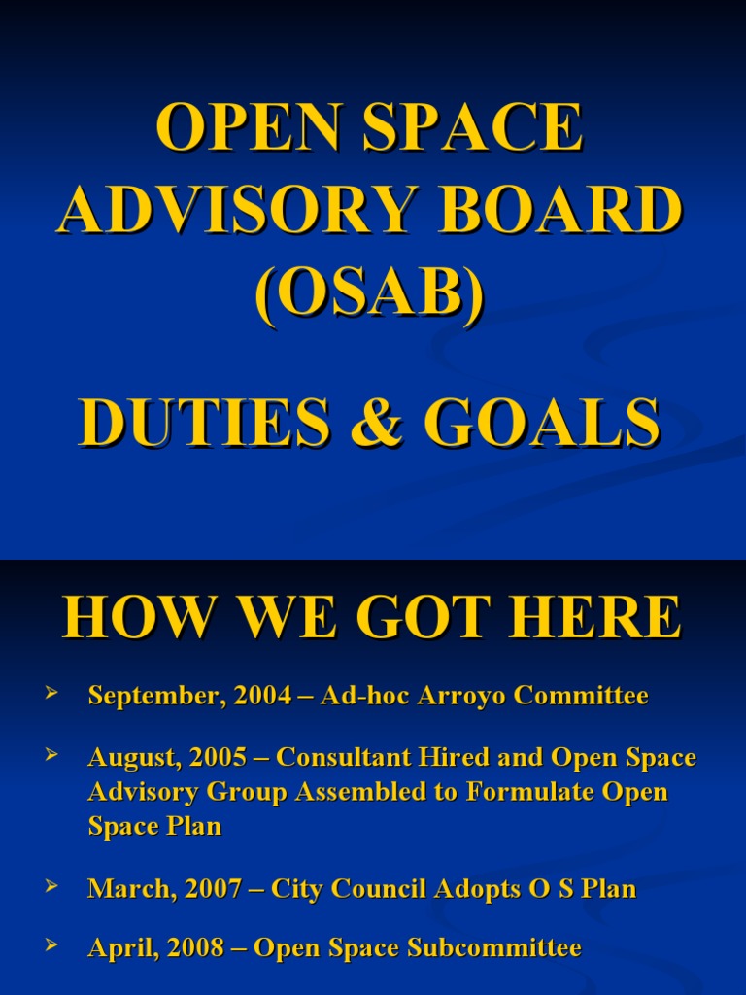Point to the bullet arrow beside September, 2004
(51, 693)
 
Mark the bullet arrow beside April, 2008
(51, 944)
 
